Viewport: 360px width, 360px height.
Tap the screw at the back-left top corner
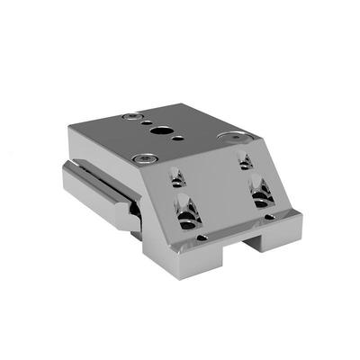131,117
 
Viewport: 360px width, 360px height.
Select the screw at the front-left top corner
141,158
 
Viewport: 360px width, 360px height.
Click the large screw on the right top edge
238,138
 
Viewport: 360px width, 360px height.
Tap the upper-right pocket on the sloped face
245,162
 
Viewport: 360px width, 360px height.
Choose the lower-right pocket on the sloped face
261,193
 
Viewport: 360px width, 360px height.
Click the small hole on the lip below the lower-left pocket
202,238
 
